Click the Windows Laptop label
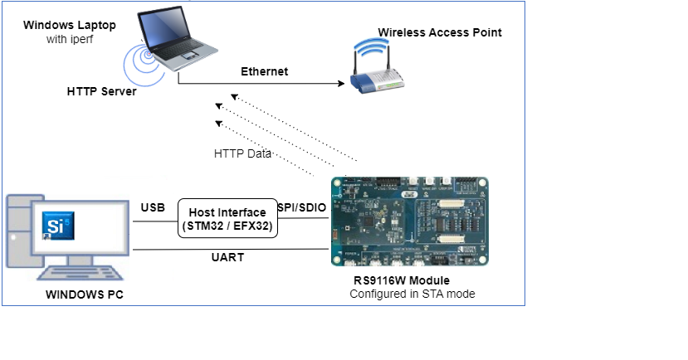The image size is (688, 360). (70, 25)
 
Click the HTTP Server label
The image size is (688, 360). (101, 91)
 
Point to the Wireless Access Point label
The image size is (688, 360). (440, 32)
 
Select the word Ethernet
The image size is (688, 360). (264, 71)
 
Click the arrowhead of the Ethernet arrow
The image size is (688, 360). (341, 83)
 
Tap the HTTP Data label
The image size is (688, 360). (242, 153)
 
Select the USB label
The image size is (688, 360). (153, 207)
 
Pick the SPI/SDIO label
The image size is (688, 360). (303, 207)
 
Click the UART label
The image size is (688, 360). (227, 257)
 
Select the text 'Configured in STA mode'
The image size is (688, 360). (412, 294)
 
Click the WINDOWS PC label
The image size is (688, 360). (81, 294)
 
